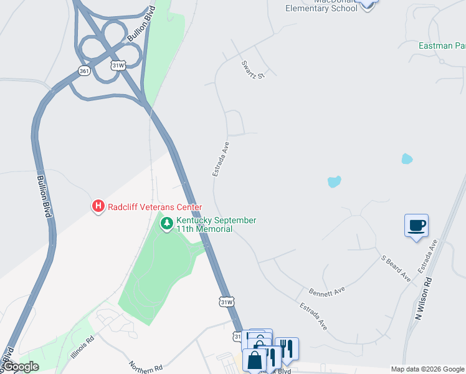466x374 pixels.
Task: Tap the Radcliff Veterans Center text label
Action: pyautogui.click(x=155, y=207)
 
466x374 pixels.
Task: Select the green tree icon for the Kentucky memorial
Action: pyautogui.click(x=166, y=223)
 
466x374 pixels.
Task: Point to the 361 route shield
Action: pyautogui.click(x=84, y=71)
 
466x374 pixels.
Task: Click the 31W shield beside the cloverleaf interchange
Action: pyautogui.click(x=117, y=65)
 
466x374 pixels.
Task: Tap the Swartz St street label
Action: pyautogui.click(x=254, y=69)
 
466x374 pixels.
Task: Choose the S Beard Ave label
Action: pyautogui.click(x=396, y=267)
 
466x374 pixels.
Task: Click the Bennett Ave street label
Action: pyautogui.click(x=326, y=291)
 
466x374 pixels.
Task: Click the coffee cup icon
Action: pyautogui.click(x=416, y=225)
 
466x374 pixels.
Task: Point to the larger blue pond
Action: pyautogui.click(x=335, y=182)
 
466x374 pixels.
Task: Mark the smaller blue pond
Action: pyautogui.click(x=407, y=158)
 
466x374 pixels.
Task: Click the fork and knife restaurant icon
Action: pyautogui.click(x=287, y=347)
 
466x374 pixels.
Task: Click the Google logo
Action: pyautogui.click(x=21, y=367)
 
